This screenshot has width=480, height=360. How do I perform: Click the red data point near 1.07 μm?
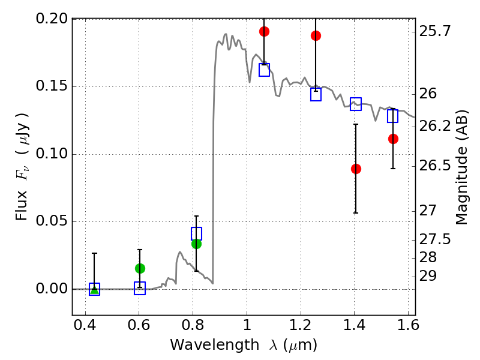pyautogui.click(x=264, y=31)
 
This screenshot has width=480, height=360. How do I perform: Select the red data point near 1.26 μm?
pyautogui.click(x=316, y=35)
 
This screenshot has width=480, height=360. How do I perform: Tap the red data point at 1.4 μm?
pyautogui.click(x=356, y=169)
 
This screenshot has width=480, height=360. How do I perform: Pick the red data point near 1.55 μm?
pyautogui.click(x=393, y=139)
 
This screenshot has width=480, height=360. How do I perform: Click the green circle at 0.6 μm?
pyautogui.click(x=140, y=268)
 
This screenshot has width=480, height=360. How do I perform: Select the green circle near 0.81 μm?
pyautogui.click(x=196, y=244)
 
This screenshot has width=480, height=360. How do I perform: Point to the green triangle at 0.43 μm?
pyautogui.click(x=94, y=289)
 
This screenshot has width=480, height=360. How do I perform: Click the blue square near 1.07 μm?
pyautogui.click(x=264, y=70)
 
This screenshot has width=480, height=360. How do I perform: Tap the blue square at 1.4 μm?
pyautogui.click(x=356, y=104)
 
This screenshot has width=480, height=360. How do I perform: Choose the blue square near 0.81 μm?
pyautogui.click(x=196, y=233)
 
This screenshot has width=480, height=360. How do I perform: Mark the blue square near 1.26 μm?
pyautogui.click(x=316, y=94)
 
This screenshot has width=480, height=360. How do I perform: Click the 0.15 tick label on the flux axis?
pyautogui.click(x=52, y=86)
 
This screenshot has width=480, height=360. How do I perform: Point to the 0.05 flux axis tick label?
pyautogui.click(x=52, y=222)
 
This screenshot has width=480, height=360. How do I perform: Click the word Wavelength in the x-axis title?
pyautogui.click(x=205, y=345)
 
